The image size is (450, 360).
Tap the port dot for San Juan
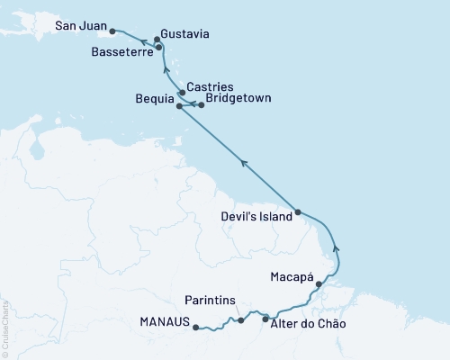click(112, 31)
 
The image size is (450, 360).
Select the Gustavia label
click(186, 33)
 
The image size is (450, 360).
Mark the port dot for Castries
click(183, 92)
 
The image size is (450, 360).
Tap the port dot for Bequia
click(179, 106)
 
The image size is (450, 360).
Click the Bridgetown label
click(238, 97)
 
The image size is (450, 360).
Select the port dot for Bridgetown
click(202, 105)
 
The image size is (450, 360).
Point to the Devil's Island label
click(256, 217)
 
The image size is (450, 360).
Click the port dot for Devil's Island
click(298, 213)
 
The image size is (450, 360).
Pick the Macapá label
click(292, 278)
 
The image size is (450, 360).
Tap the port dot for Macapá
click(319, 283)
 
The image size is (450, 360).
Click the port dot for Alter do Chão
click(265, 319)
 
